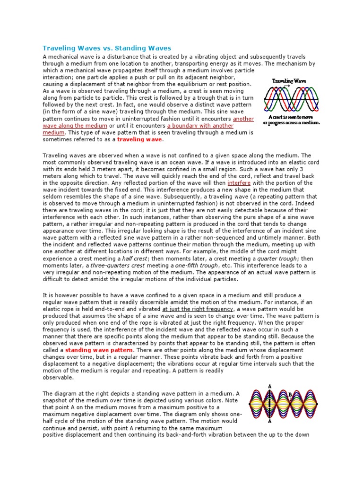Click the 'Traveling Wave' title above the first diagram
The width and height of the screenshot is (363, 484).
point(288,81)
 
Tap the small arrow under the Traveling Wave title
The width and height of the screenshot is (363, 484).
point(288,86)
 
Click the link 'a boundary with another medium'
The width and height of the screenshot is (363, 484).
point(200,126)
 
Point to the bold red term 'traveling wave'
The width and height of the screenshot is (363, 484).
point(139,140)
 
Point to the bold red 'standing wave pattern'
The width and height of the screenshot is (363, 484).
point(99,350)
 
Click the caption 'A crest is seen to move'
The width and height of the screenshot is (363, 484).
point(294,117)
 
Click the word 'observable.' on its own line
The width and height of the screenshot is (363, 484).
point(58,378)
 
